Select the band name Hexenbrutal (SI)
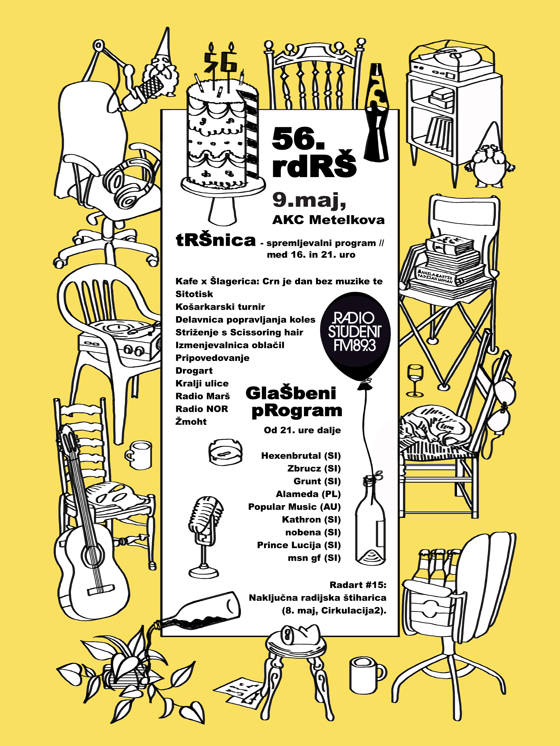301,456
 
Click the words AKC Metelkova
328,220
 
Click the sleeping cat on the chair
435,427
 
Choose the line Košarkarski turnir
220,307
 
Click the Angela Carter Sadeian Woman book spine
435,276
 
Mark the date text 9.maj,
309,200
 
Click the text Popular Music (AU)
294,507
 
